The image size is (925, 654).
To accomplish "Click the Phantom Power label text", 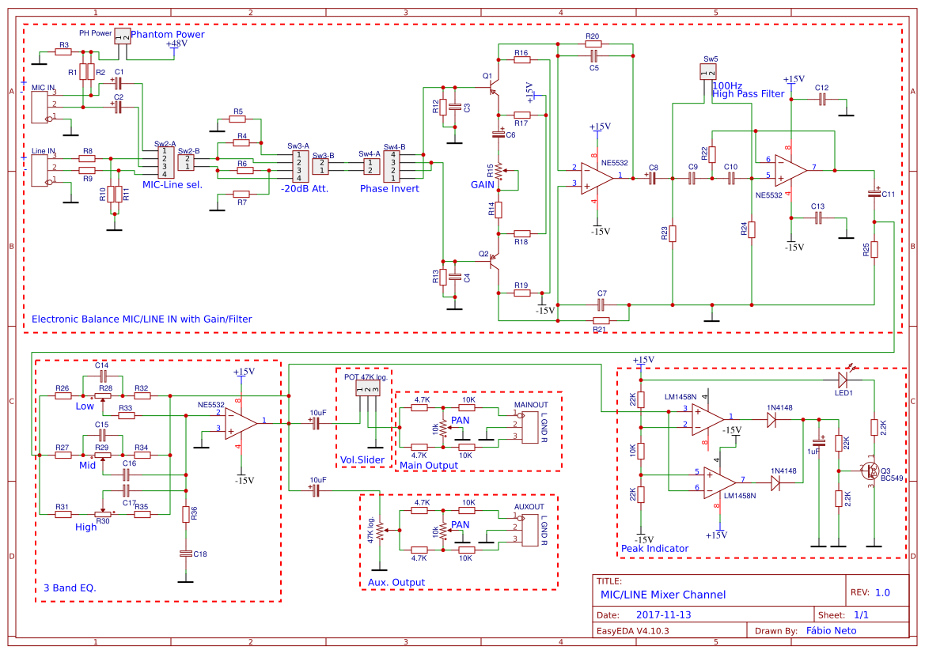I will point(167,35).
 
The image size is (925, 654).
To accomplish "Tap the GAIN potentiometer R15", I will point(499,172).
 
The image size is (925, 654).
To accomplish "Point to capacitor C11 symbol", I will point(874,193).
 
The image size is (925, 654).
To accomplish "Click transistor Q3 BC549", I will point(871,472).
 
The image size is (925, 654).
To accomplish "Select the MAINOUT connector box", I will point(528,428).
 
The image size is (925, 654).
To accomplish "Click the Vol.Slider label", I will point(362,459).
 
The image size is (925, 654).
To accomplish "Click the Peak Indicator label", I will point(654,548).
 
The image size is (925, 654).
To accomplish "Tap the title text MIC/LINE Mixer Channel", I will point(663,595).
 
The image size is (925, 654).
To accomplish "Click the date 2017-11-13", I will point(663,614).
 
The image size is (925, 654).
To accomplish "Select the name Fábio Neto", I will point(831,630).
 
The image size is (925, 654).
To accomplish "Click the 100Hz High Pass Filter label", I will point(749,89).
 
